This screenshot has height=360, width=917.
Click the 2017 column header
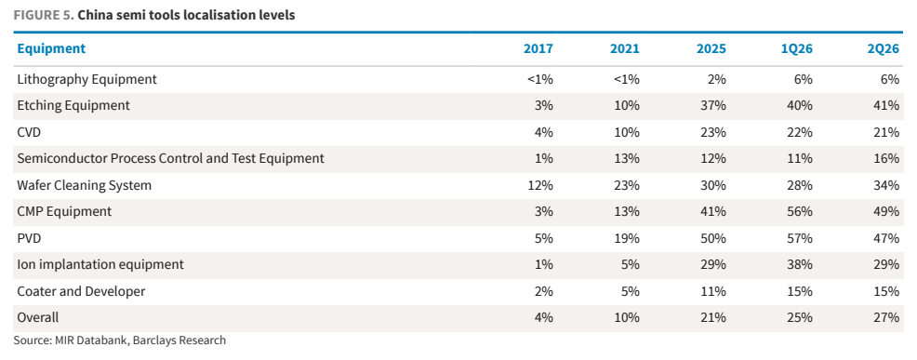coord(538,48)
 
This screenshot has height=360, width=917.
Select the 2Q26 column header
coord(884,48)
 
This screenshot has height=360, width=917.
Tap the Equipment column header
coord(51,48)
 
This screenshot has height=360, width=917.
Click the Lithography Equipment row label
coord(87,79)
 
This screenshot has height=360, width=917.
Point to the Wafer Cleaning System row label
coord(85,185)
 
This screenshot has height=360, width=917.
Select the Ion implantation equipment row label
coord(100,264)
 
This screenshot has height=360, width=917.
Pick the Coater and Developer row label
coord(81,291)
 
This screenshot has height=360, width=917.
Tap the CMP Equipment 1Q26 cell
coord(798,212)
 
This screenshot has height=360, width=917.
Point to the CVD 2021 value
coord(625,132)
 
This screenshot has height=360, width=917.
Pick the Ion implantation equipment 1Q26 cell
coord(798,264)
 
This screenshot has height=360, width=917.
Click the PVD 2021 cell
coord(625,238)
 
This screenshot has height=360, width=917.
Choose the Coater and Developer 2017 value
coord(542,291)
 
